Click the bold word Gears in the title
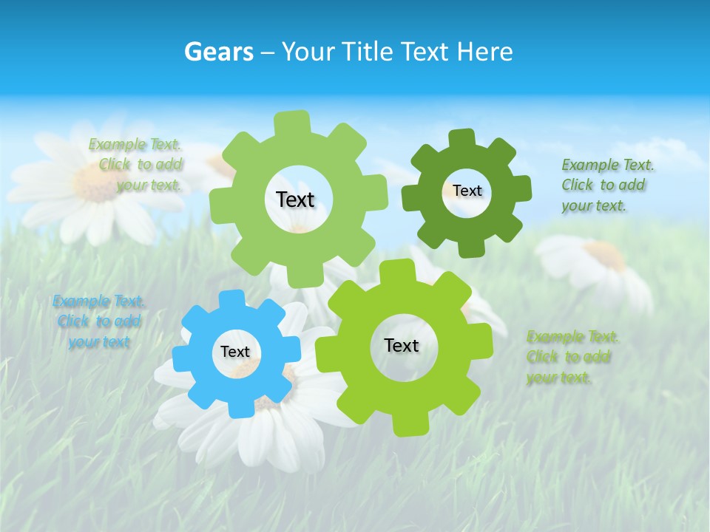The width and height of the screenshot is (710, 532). (x=219, y=52)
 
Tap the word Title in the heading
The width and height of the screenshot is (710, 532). (x=368, y=52)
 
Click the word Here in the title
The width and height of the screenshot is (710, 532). (x=484, y=52)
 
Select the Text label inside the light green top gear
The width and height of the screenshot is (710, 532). (x=295, y=199)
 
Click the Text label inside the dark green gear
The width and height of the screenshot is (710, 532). (x=467, y=191)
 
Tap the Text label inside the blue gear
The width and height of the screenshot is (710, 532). (x=235, y=352)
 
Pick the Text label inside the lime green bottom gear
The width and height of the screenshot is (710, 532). (x=402, y=345)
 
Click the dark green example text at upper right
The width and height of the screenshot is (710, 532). (x=606, y=185)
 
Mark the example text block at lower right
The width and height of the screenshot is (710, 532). (x=572, y=357)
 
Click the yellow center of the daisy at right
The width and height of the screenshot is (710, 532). (x=605, y=255)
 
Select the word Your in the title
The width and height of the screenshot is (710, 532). (x=306, y=52)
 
